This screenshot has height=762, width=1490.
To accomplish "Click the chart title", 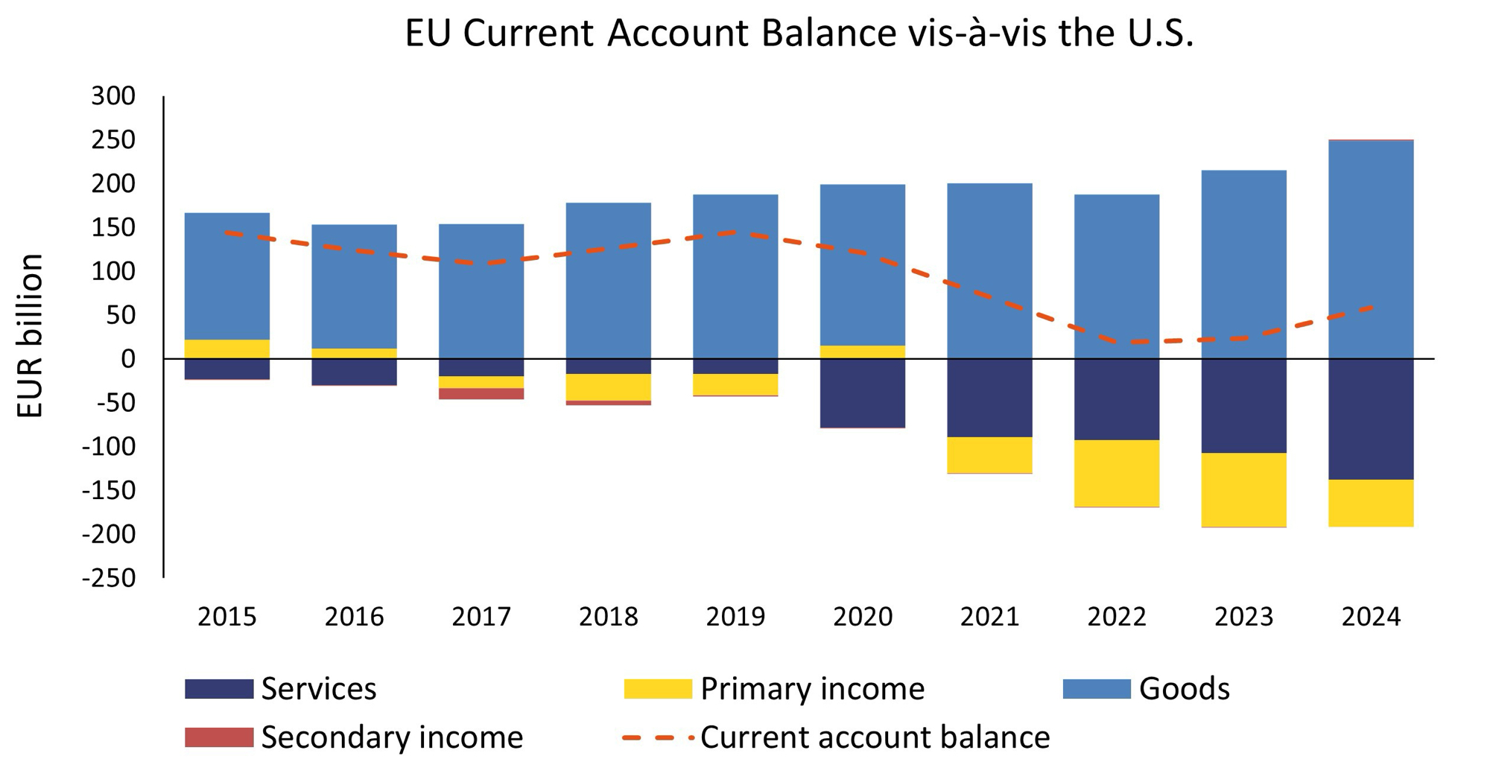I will [x=799, y=34].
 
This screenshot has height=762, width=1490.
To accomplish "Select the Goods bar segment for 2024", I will [x=1371, y=223].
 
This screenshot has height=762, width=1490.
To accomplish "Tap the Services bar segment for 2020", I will [x=862, y=393].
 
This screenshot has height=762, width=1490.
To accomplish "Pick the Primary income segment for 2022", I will [x=1116, y=473].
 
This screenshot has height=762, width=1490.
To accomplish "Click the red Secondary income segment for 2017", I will [x=481, y=393].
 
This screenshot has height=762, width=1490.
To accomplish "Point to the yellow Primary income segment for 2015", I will [x=226, y=349].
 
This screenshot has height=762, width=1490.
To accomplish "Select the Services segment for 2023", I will [x=1243, y=405].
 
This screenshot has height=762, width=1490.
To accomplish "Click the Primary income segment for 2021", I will [x=989, y=454].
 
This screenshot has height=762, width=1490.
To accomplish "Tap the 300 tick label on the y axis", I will [x=113, y=96].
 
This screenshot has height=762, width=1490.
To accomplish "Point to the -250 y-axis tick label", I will [x=110, y=578].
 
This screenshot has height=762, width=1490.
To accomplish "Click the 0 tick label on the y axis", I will [x=128, y=359].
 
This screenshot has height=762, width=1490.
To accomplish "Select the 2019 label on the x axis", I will [x=735, y=617].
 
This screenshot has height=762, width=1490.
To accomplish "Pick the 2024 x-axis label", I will [x=1371, y=617].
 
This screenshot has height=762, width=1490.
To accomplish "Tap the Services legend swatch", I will [x=218, y=688].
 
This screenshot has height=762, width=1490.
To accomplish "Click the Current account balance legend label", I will [x=875, y=737].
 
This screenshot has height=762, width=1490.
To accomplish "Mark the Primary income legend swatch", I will [x=658, y=688].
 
